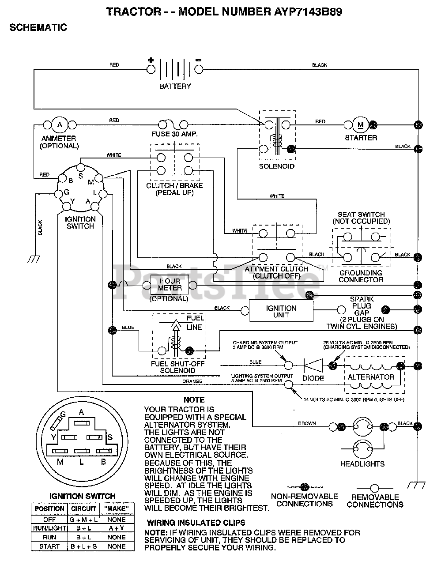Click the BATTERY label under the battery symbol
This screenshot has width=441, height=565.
[x=175, y=86]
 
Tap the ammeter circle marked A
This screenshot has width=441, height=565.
[x=60, y=125]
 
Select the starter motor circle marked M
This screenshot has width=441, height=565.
[x=360, y=125]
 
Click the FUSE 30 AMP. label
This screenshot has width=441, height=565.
[x=174, y=134]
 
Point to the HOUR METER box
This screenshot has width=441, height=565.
[x=170, y=285]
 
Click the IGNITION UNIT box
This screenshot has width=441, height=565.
[x=281, y=311]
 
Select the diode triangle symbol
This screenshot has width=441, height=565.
[x=313, y=365]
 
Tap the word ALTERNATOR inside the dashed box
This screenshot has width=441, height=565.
[x=371, y=377]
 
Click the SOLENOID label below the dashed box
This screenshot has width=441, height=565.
[x=277, y=166]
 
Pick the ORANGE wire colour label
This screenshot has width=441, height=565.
[x=192, y=381]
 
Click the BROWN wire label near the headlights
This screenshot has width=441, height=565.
[x=307, y=424]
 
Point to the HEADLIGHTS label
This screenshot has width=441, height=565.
[x=362, y=464]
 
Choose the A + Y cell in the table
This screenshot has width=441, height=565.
[x=117, y=528]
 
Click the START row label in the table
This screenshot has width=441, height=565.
[x=49, y=546]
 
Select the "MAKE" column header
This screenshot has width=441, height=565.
[x=117, y=509]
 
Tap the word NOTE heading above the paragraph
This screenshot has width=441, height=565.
[x=194, y=400]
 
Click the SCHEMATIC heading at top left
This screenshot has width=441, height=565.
[x=38, y=27]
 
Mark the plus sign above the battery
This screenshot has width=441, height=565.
[x=151, y=60]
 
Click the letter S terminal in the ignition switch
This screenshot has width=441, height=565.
[x=81, y=176]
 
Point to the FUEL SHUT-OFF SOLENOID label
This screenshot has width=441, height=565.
[x=177, y=367]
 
